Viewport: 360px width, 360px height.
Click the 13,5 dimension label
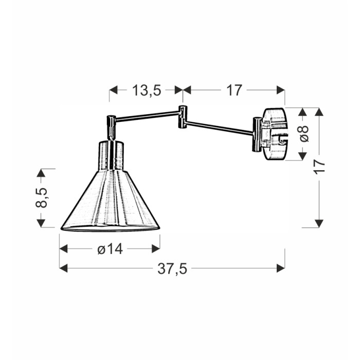pos(147,90)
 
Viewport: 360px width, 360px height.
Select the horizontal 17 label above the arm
pos(234,90)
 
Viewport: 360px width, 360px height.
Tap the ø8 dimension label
pos(304,134)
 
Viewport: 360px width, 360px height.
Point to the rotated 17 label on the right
pos(319,167)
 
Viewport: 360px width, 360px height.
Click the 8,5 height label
pos(41,197)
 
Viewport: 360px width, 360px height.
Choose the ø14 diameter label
pos(110,249)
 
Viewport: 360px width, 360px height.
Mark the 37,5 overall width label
pos(172,268)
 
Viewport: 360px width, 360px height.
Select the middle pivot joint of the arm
pos(183,117)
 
